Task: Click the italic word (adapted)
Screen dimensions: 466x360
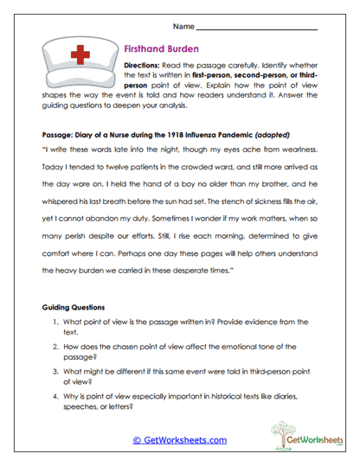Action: (x=290, y=136)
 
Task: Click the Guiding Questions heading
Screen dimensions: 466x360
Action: (x=74, y=307)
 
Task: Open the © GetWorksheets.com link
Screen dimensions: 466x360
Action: (x=179, y=440)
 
